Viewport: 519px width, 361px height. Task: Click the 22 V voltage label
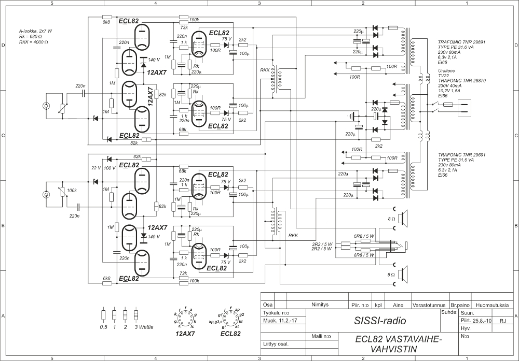point(95,168)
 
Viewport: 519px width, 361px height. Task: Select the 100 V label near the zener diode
point(110,168)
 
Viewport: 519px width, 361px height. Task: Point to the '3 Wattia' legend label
point(144,327)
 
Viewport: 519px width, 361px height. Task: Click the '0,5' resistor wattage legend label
point(104,327)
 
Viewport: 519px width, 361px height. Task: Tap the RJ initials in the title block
point(502,321)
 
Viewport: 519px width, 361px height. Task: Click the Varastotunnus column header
point(431,305)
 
